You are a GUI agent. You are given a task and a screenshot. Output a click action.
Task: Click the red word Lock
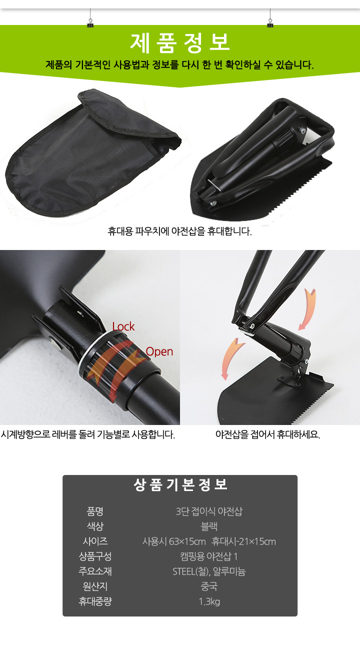pyautogui.click(x=123, y=326)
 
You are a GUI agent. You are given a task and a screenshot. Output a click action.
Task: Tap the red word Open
pyautogui.click(x=159, y=351)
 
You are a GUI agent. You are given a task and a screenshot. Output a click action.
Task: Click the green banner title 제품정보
pyautogui.click(x=180, y=43)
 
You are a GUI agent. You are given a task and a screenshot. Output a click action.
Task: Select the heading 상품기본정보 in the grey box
pyautogui.click(x=180, y=485)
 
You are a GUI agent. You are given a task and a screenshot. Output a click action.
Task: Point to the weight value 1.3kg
pyautogui.click(x=209, y=601)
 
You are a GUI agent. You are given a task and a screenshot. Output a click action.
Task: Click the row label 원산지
pyautogui.click(x=95, y=586)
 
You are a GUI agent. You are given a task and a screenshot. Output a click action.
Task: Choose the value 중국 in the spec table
pyautogui.click(x=209, y=586)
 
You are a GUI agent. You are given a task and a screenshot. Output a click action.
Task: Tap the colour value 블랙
pyautogui.click(x=209, y=526)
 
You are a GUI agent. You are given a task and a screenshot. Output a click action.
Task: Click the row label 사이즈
pyautogui.click(x=95, y=541)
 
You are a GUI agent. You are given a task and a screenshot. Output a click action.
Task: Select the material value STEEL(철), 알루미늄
pyautogui.click(x=209, y=571)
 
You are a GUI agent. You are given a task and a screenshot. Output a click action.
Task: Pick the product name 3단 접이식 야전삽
pyautogui.click(x=209, y=511)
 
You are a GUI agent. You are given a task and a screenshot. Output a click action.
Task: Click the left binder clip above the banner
pyautogui.click(x=90, y=22)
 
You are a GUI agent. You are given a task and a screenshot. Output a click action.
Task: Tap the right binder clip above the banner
pyautogui.click(x=270, y=22)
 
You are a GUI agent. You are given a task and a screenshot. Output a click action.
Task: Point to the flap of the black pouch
pyautogui.click(x=127, y=116)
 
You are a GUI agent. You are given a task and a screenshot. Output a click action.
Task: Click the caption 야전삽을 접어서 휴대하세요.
pyautogui.click(x=268, y=434)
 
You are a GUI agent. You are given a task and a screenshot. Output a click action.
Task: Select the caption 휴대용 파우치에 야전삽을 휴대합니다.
pyautogui.click(x=180, y=231)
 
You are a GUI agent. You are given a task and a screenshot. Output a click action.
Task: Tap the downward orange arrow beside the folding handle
pyautogui.click(x=307, y=309)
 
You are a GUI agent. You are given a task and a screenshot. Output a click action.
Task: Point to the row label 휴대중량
pyautogui.click(x=95, y=601)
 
